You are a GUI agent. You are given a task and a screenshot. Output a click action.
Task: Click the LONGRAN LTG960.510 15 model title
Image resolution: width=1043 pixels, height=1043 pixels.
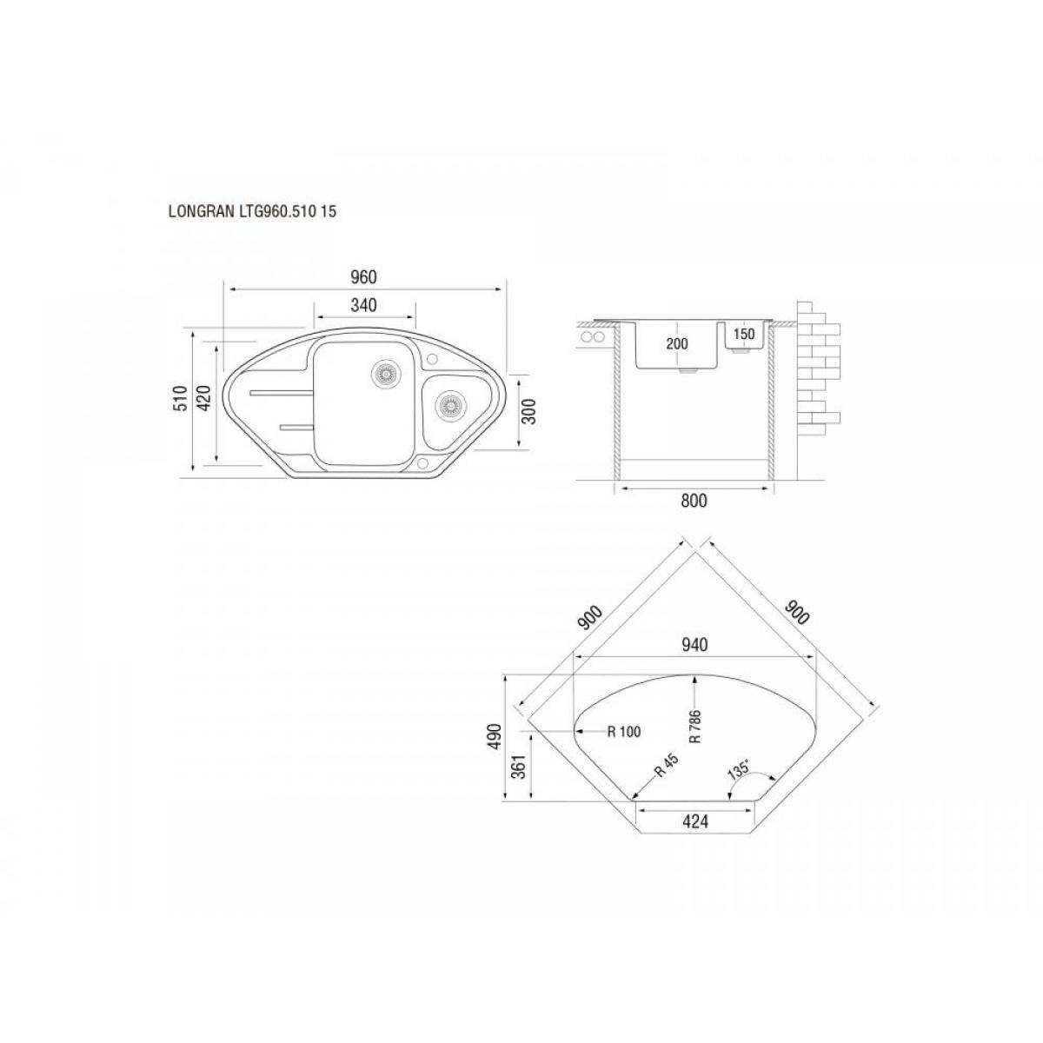coord(252,211)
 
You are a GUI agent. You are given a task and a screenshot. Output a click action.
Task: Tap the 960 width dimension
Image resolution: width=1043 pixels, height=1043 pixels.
coord(363,277)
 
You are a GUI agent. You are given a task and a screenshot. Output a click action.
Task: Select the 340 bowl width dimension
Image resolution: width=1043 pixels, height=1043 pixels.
coord(363,305)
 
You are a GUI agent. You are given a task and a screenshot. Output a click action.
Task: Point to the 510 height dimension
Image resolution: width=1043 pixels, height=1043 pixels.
coord(181,398)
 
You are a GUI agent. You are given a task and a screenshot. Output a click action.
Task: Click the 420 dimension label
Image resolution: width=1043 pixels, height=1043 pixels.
coord(204,398)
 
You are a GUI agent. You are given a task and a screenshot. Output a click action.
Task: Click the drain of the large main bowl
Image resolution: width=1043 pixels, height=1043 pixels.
coord(385,373)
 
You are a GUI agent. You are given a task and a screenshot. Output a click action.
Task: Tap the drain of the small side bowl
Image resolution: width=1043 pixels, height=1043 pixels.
coord(448,404)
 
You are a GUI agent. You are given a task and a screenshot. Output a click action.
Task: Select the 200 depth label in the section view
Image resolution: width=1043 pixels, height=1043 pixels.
coord(676,343)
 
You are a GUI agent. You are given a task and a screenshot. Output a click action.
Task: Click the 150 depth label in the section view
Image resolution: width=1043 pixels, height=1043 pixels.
coord(745,334)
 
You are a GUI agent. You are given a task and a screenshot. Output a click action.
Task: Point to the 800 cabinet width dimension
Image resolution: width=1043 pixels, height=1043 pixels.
coord(694,501)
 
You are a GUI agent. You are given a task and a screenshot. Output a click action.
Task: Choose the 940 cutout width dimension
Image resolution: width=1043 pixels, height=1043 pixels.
coord(694,645)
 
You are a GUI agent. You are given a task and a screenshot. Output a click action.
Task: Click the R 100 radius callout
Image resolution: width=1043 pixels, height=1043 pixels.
coord(623,732)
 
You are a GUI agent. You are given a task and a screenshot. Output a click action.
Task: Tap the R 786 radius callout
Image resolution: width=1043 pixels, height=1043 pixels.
coord(695,727)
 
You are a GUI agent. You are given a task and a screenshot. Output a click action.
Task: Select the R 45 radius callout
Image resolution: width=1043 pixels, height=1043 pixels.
coord(665,766)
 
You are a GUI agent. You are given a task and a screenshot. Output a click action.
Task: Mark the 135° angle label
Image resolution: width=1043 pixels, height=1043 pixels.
coord(738,771)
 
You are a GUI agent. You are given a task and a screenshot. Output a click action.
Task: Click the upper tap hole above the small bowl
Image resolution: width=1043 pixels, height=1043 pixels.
coord(433,358)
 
